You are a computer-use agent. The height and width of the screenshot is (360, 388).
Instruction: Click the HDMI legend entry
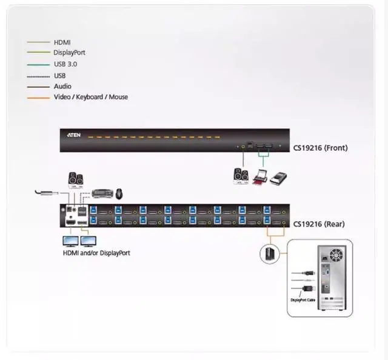click(62, 42)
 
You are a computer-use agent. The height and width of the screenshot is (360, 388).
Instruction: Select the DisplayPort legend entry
click(69, 53)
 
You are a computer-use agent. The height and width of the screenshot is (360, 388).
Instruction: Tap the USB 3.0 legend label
click(65, 64)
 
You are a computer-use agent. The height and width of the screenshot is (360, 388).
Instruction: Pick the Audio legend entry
click(62, 86)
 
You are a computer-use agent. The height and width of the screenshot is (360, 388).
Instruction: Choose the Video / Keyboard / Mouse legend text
click(90, 97)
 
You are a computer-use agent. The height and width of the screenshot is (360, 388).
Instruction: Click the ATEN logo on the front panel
click(74, 136)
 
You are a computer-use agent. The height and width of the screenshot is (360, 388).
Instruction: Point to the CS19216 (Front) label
click(320, 147)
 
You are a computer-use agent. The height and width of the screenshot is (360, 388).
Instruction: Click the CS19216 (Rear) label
click(319, 224)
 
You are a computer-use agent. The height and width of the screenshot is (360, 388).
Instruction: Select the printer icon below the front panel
click(259, 177)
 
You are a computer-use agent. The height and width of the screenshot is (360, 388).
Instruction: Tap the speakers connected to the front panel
click(241, 176)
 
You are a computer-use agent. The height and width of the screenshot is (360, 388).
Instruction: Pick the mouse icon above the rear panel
click(119, 194)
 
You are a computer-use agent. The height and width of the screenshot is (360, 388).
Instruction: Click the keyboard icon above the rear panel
click(102, 193)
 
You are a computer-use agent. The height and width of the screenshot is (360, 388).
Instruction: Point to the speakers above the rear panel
click(76, 180)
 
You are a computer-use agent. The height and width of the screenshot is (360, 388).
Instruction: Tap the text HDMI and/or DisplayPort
click(96, 253)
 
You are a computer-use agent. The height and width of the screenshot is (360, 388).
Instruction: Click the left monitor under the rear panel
click(71, 241)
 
